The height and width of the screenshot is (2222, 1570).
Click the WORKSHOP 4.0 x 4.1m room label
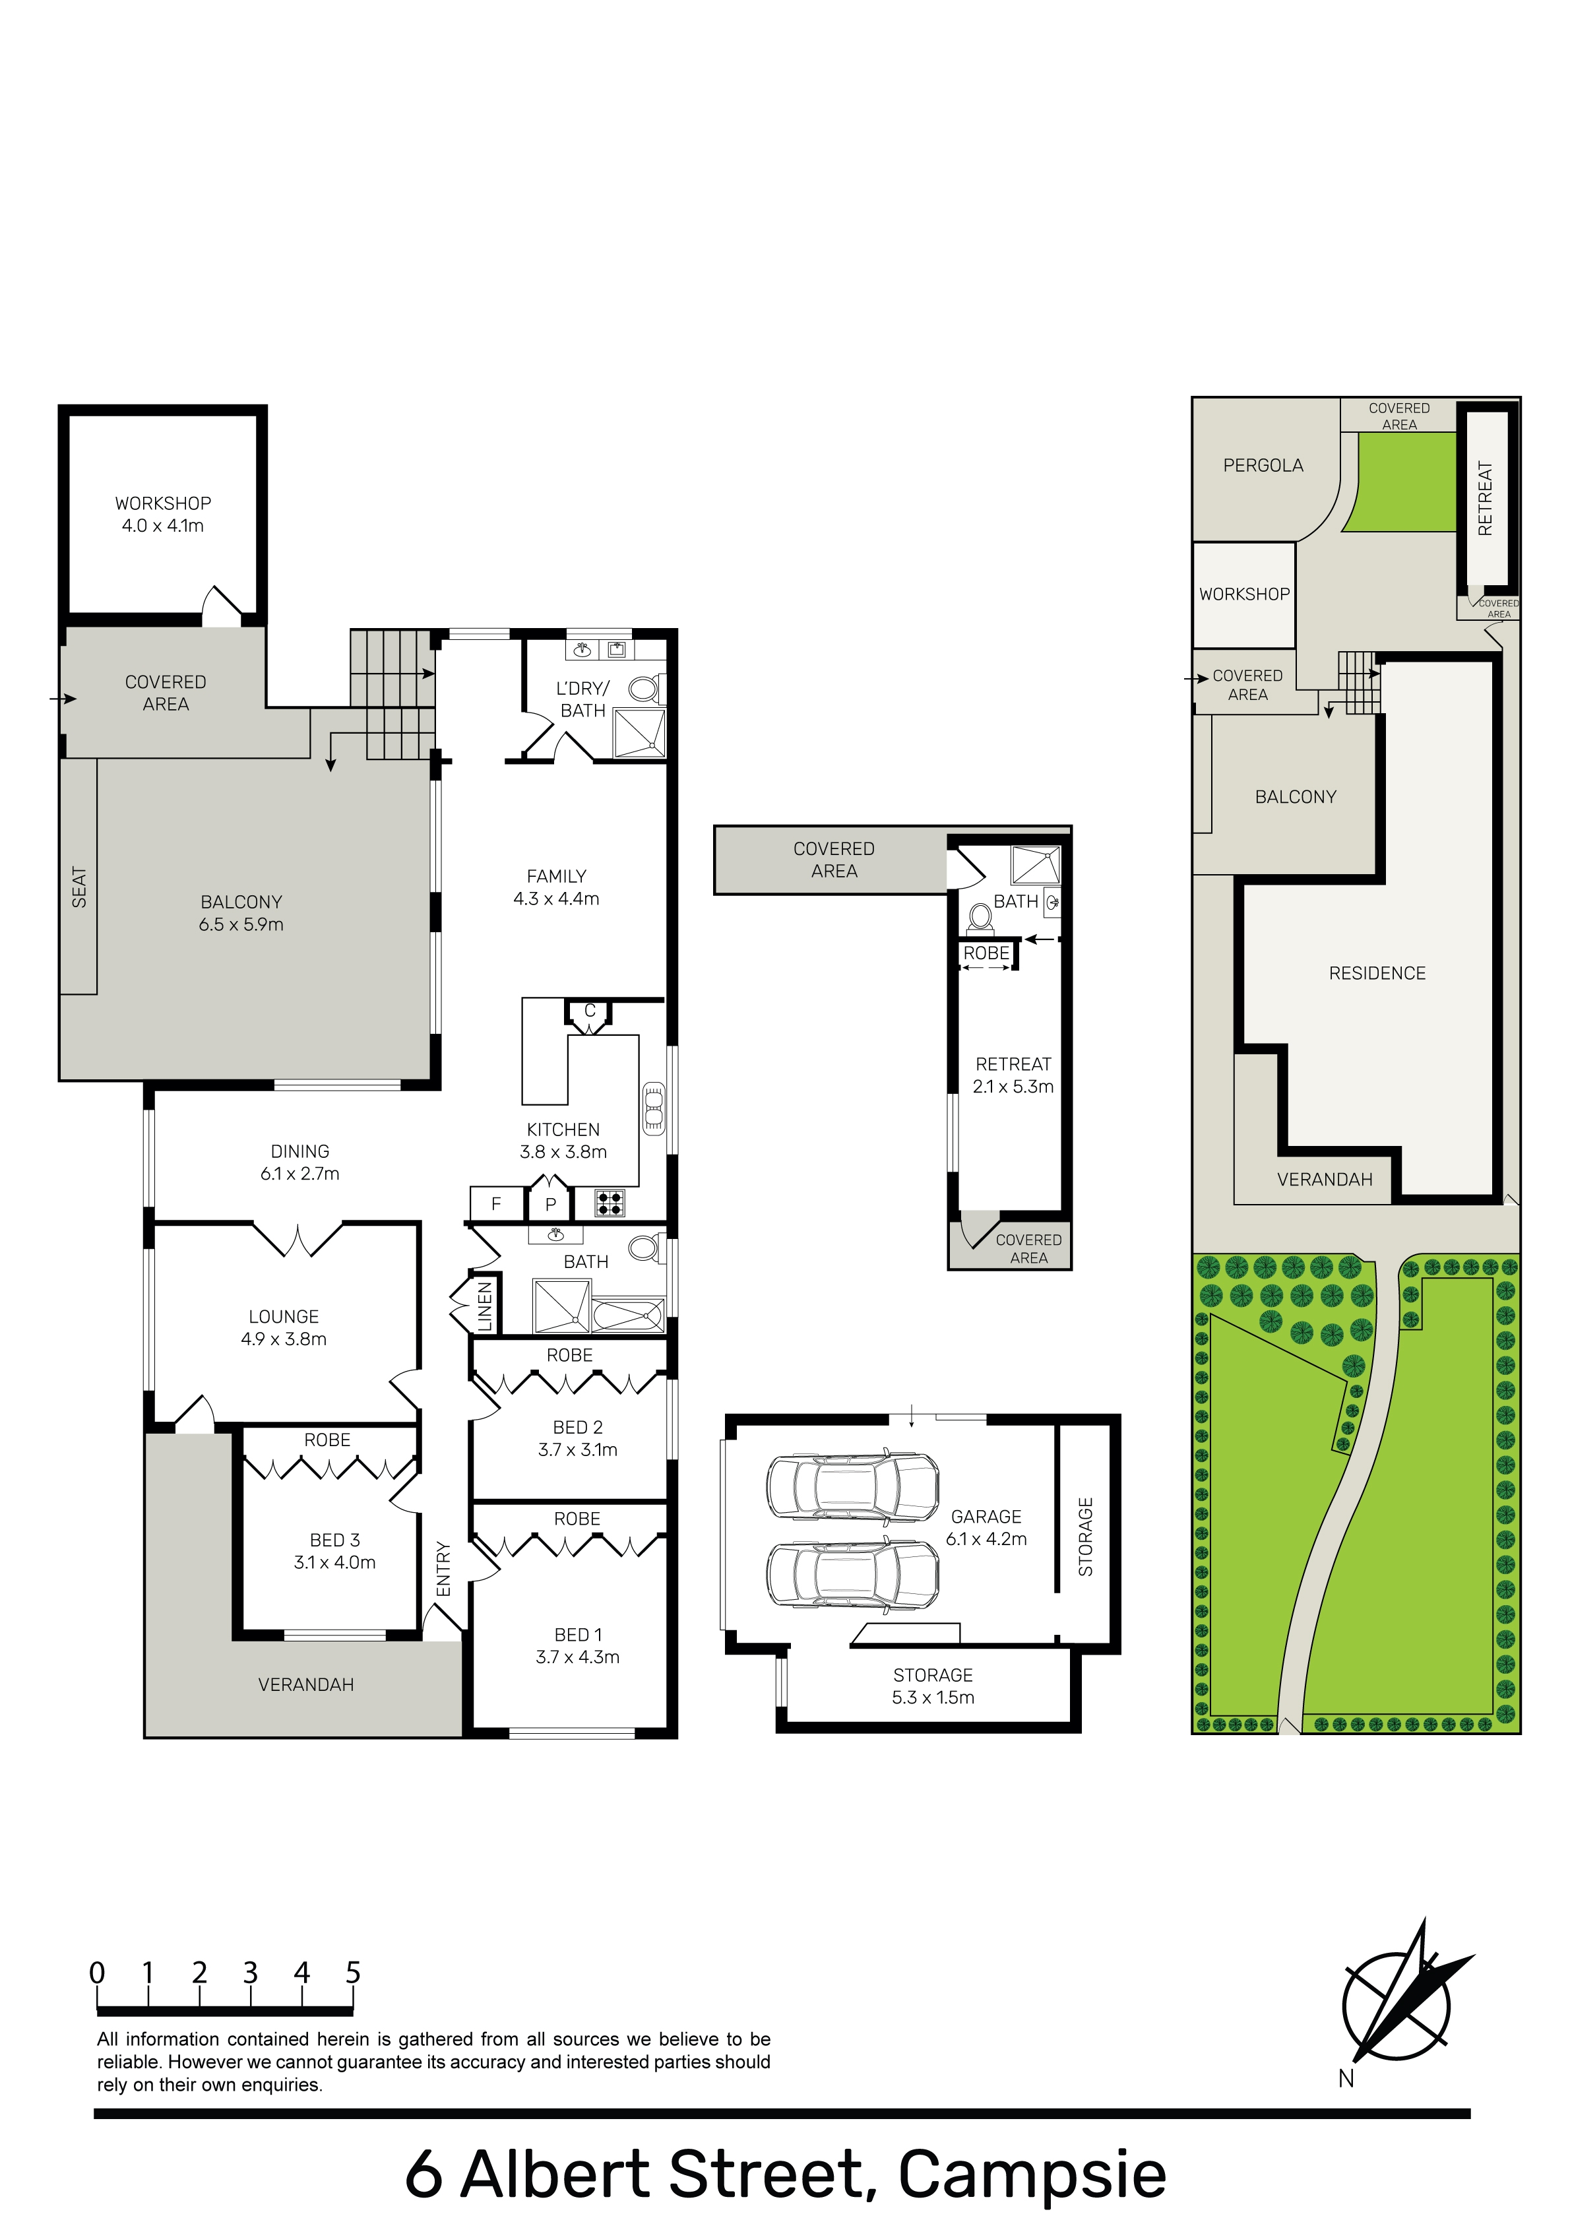(163, 514)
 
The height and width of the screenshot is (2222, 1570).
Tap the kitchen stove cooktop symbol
(610, 1203)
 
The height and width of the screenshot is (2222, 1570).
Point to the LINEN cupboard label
(485, 1306)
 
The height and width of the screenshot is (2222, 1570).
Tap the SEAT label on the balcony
(78, 887)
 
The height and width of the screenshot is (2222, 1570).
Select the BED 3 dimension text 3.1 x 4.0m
(335, 1562)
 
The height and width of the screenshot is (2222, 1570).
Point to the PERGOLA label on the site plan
(1263, 466)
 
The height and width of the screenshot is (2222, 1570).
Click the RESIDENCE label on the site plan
(1377, 974)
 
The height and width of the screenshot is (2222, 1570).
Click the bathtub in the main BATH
(627, 1316)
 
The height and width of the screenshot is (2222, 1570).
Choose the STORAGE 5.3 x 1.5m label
(933, 1686)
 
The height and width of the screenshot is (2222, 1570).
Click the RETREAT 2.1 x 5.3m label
(1013, 1075)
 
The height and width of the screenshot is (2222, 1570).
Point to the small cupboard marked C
(590, 1011)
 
